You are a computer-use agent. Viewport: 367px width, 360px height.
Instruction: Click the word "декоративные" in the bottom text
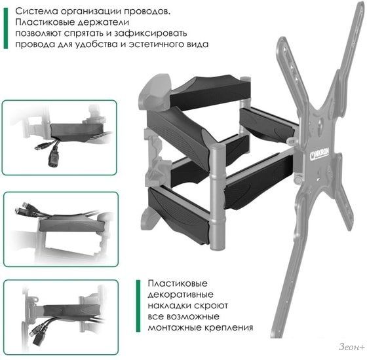point(180,295)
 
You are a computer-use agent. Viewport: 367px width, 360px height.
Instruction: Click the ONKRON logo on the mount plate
point(319,154)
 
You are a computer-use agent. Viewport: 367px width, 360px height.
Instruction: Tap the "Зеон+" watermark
point(351,347)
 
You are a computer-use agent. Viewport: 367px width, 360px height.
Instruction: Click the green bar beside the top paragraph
point(6,28)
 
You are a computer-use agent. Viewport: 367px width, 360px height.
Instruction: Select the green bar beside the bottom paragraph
point(138,306)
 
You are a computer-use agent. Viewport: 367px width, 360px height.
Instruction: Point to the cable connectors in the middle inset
point(23,208)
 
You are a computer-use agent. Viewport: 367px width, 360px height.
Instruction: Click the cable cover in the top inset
point(77,132)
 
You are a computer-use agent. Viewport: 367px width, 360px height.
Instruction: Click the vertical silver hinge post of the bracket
point(218,197)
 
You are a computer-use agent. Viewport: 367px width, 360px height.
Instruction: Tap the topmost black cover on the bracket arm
point(210,92)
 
